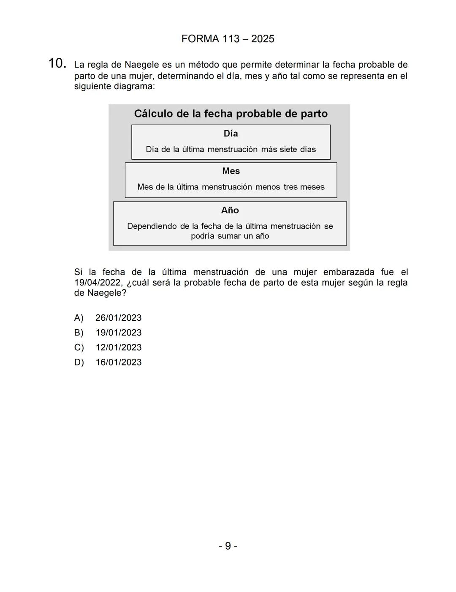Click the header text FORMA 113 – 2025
pyautogui.click(x=228, y=39)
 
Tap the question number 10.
pyautogui.click(x=57, y=64)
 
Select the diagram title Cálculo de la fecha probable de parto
pyautogui.click(x=231, y=114)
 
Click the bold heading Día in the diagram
pyautogui.click(x=231, y=134)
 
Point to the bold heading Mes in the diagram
pyautogui.click(x=231, y=171)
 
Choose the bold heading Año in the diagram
pyautogui.click(x=230, y=210)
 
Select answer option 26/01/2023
pyautogui.click(x=118, y=318)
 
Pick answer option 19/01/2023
pyautogui.click(x=118, y=333)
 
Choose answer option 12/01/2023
pyautogui.click(x=118, y=347)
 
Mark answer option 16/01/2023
pyautogui.click(x=118, y=362)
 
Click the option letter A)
pyautogui.click(x=79, y=318)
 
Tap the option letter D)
pyautogui.click(x=79, y=362)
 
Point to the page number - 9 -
pyautogui.click(x=228, y=546)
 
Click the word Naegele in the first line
pyautogui.click(x=142, y=65)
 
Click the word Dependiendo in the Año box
pyautogui.click(x=152, y=226)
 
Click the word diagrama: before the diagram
pyautogui.click(x=134, y=87)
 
